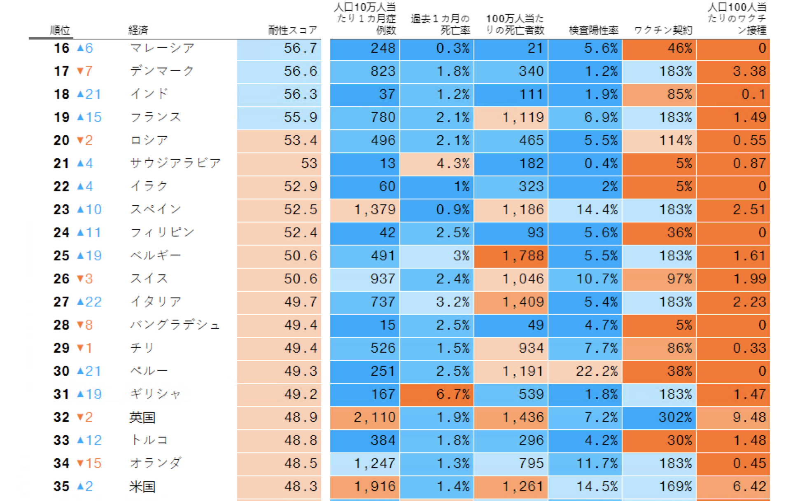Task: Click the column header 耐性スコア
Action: tap(292, 30)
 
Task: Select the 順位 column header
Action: tap(60, 30)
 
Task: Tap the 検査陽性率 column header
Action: tap(593, 30)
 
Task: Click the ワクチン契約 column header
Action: tap(663, 30)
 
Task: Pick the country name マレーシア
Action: tap(162, 48)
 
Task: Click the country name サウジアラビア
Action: tap(175, 164)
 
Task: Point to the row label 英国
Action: tap(142, 417)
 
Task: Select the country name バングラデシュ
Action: tap(175, 325)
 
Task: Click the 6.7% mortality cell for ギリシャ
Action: tap(437, 394)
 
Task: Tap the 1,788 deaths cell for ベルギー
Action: tap(511, 256)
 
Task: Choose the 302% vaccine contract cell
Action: tap(659, 417)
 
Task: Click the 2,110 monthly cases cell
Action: tap(365, 417)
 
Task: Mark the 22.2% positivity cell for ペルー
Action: tap(585, 371)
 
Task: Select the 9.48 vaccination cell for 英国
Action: tap(733, 417)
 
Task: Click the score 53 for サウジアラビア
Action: tap(279, 164)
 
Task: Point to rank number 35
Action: tap(61, 487)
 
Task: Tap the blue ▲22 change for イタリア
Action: tap(89, 302)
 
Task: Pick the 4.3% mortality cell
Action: tap(437, 164)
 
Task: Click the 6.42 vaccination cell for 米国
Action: tap(733, 487)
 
